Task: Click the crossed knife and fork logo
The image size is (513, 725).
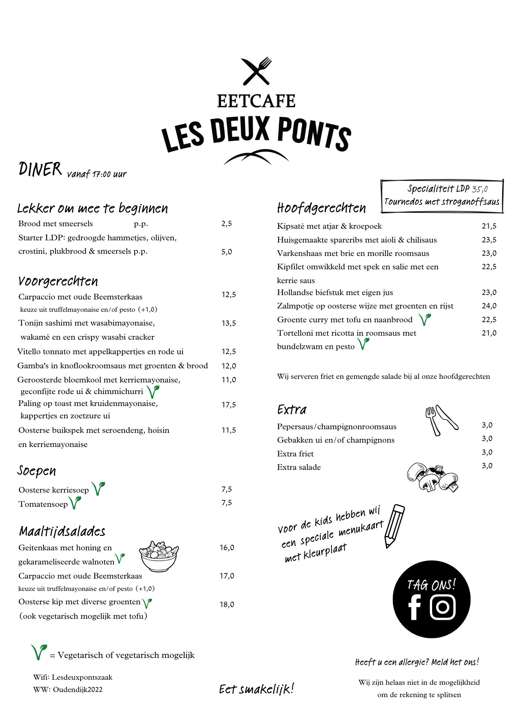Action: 256,71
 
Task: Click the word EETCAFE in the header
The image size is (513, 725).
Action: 256,101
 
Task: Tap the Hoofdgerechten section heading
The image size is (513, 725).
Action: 321,208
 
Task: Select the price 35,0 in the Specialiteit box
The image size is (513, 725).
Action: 480,189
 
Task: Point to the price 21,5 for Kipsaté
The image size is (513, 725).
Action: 489,226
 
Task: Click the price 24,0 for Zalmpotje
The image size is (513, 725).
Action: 489,306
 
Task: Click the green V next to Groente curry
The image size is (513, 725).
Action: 424,319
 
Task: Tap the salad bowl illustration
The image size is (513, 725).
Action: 159,556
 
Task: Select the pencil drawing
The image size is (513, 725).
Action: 394,526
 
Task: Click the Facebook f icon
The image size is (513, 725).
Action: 414,607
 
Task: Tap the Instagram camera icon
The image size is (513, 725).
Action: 443,607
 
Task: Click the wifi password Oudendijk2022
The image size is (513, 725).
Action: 78,689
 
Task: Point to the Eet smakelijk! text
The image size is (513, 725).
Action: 256,689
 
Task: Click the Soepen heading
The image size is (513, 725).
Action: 37,471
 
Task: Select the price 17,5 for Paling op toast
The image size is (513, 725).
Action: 229,405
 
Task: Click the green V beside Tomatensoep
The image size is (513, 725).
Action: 75,503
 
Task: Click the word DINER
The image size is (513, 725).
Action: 40,169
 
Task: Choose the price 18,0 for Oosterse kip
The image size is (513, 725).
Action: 227,605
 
